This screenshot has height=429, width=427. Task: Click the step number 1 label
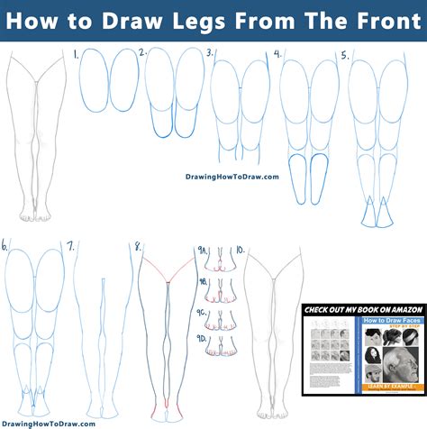point(76,54)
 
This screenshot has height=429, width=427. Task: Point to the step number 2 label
point(142,53)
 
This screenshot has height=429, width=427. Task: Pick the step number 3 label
point(209,53)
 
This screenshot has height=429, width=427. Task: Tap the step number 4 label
point(277,53)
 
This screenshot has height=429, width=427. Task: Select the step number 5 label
point(343,54)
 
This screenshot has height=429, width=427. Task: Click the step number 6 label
point(5,244)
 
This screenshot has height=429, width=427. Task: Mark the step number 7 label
point(70,245)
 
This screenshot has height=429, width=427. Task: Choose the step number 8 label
point(137,245)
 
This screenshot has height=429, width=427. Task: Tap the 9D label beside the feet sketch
point(203,338)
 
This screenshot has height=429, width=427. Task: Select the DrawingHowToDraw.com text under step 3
point(232,177)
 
